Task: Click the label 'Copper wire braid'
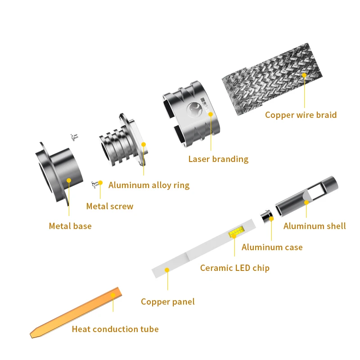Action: click(x=301, y=115)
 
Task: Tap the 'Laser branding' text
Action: click(x=218, y=159)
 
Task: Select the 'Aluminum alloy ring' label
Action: click(x=149, y=185)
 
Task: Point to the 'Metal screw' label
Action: click(x=110, y=206)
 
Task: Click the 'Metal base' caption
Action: click(x=70, y=226)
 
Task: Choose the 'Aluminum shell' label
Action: click(x=315, y=226)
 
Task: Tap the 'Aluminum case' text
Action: click(x=272, y=247)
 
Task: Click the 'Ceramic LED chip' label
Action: click(x=234, y=268)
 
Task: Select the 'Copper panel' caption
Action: click(x=168, y=301)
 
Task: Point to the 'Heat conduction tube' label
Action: click(x=115, y=329)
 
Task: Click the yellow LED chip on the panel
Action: click(x=236, y=232)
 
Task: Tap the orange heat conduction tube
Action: click(x=76, y=313)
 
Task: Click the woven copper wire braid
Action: click(x=272, y=79)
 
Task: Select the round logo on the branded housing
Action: click(x=193, y=110)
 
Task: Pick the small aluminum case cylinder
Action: click(x=266, y=216)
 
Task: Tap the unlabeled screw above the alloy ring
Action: click(x=74, y=137)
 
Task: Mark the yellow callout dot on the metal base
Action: click(x=69, y=180)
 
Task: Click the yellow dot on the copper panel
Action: click(x=167, y=270)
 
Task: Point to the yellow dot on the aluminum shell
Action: click(x=306, y=202)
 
